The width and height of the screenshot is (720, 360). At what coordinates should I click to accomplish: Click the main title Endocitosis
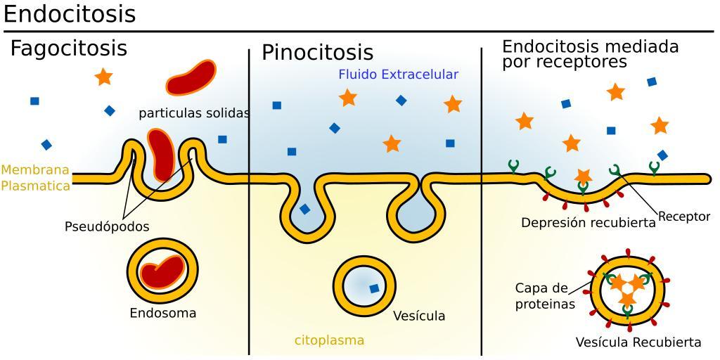[70, 14]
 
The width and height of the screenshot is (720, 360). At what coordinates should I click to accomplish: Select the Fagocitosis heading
[68, 49]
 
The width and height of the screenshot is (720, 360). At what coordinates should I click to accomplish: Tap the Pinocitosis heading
[317, 53]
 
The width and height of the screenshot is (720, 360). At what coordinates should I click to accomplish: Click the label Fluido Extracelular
[398, 75]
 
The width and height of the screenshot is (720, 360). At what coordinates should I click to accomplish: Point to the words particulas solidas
[194, 112]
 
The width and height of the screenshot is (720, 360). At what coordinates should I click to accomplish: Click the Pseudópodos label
[107, 226]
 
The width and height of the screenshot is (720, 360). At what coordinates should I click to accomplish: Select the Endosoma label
[162, 313]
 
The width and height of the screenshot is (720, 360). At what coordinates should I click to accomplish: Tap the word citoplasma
[329, 340]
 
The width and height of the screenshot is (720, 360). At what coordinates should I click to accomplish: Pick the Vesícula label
[419, 316]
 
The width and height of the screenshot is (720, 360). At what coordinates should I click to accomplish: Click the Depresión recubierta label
[588, 222]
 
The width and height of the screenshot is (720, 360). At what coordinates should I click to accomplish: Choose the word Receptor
[684, 217]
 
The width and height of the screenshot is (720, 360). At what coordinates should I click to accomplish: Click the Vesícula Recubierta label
[638, 342]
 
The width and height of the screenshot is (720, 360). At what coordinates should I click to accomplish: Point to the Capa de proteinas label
[545, 296]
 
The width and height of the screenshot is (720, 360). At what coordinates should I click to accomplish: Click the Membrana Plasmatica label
[35, 178]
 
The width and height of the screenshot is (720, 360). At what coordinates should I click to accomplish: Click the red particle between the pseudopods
[162, 153]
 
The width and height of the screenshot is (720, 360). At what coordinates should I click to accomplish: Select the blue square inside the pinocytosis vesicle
[374, 288]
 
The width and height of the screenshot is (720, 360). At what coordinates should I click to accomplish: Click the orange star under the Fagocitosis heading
[103, 77]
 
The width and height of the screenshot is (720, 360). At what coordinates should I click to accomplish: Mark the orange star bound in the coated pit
[583, 176]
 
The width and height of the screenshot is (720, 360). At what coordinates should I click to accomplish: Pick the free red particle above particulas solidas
[191, 77]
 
